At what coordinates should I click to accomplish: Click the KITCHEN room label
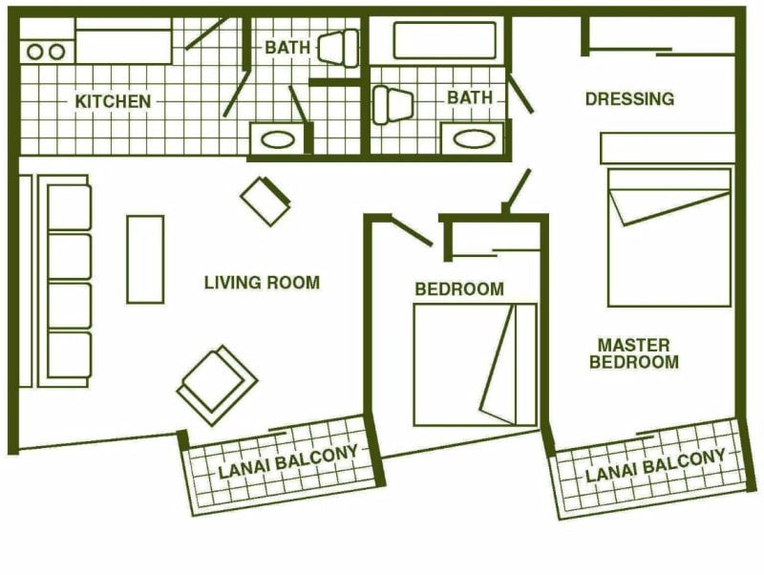113,101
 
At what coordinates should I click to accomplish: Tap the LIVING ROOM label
262,283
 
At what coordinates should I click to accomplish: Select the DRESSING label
629,99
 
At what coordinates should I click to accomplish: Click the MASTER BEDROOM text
634,353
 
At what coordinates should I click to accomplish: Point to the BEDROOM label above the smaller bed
459,289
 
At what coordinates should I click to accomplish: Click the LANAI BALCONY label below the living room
288,462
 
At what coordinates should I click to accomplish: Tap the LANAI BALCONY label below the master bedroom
655,465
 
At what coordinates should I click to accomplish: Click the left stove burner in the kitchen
35,52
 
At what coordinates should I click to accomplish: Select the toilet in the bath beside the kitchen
338,48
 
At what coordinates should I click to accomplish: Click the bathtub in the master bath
444,40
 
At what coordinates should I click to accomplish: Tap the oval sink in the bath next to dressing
474,138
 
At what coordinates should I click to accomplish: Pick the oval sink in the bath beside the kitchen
278,139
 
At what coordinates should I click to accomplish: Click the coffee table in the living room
145,260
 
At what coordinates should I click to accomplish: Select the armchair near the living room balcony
218,385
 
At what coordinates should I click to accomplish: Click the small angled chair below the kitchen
265,201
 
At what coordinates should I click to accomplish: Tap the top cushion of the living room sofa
70,207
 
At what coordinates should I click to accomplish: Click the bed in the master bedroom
669,237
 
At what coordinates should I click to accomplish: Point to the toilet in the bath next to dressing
393,105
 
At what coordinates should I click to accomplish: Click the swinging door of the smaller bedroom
413,230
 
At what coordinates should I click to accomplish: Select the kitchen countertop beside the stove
124,46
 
